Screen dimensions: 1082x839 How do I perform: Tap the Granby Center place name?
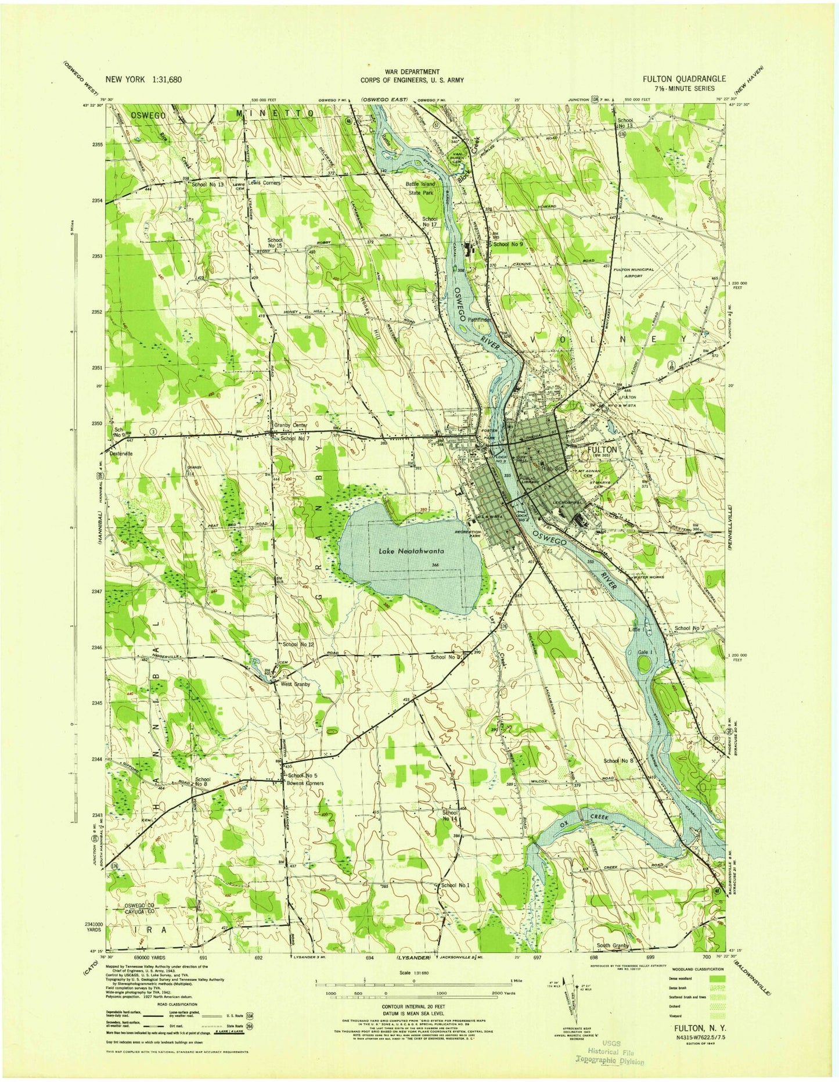tap(287, 425)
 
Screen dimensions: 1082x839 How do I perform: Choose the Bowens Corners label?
tap(305, 783)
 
